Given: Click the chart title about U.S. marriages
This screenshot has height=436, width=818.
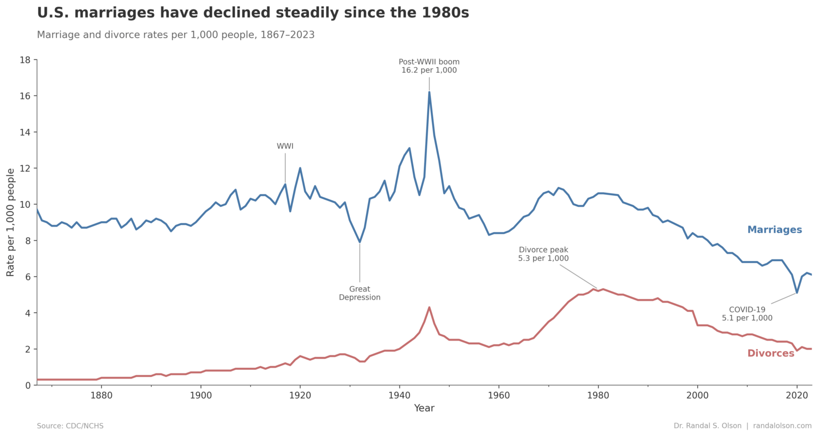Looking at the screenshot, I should tap(253, 13).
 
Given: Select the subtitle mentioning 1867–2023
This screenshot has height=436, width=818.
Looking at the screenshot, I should tap(176, 35).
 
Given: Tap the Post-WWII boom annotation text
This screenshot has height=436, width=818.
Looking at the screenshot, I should tap(429, 66).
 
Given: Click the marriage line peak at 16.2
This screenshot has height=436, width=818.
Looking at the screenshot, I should tap(429, 92).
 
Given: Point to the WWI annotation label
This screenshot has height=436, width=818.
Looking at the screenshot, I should tap(285, 147).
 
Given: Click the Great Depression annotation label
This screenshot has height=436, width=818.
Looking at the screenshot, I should tap(359, 293).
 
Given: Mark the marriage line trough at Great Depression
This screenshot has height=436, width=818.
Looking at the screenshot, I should tap(359, 242).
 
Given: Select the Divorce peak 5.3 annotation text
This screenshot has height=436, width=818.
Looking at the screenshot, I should tap(543, 254).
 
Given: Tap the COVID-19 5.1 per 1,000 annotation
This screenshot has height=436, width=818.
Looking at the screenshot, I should tap(747, 314).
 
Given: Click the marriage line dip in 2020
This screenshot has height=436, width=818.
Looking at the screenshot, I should tap(797, 293).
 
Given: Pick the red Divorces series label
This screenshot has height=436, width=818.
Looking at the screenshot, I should tap(771, 353).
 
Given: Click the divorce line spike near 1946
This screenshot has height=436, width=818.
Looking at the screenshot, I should tap(429, 308).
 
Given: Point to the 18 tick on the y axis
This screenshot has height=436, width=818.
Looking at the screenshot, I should tap(25, 60).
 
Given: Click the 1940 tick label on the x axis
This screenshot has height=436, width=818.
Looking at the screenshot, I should tap(399, 395).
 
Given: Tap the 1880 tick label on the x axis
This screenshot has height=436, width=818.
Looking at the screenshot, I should tap(101, 395).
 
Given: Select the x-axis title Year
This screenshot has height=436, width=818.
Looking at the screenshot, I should tap(424, 408).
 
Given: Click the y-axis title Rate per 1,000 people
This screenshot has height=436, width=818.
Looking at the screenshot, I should tap(11, 222).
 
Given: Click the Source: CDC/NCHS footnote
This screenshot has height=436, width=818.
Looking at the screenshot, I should tap(70, 426).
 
